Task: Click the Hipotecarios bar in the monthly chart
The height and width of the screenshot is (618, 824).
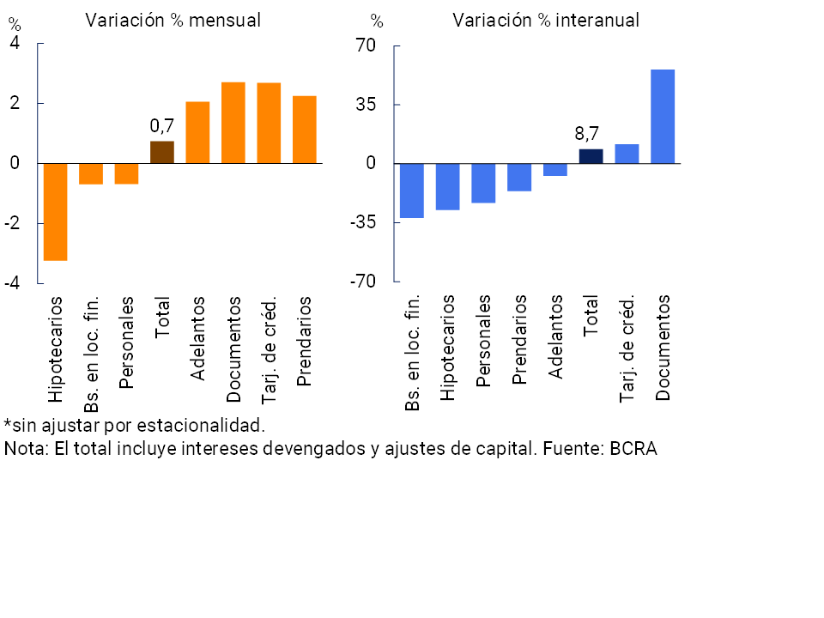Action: point(56,211)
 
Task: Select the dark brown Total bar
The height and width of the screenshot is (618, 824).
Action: point(162,152)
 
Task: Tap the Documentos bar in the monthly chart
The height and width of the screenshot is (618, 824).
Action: point(233,123)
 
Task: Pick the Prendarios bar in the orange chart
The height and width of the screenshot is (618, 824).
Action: point(305,130)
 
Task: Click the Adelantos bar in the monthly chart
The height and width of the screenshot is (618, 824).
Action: point(197,132)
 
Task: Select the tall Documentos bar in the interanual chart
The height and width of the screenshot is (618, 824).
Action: point(663,116)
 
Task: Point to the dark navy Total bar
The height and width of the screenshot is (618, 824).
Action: point(591,156)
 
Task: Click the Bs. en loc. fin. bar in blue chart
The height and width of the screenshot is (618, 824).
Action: point(412,191)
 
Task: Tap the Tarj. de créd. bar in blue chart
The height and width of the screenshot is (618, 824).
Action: point(627,154)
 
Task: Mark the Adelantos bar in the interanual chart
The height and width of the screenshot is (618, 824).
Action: point(555,169)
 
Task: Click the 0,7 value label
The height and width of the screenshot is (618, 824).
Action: point(162,126)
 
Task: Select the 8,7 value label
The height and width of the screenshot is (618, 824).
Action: point(587,134)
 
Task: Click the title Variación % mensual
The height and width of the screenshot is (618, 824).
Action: point(173,21)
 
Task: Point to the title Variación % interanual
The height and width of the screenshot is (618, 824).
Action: point(546,21)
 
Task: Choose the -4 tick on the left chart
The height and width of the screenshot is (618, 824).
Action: point(15,282)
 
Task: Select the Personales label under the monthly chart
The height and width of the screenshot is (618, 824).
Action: point(126,342)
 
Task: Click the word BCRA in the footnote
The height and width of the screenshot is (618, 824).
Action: point(633,448)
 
